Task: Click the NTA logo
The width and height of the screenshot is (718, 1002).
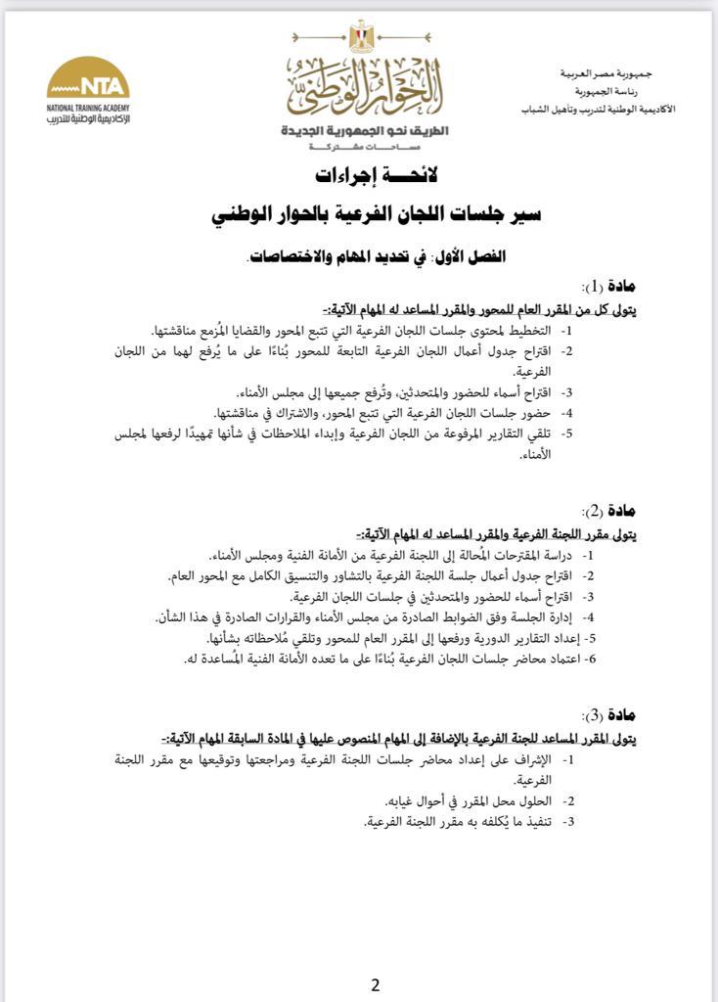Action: click(x=88, y=78)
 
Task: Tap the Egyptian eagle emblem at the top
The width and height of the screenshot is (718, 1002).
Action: click(x=361, y=37)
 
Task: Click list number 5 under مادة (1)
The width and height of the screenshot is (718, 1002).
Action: click(x=567, y=433)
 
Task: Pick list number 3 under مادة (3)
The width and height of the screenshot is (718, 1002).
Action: click(x=567, y=821)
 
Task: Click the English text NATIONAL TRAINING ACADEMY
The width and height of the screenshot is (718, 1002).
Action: click(x=88, y=107)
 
